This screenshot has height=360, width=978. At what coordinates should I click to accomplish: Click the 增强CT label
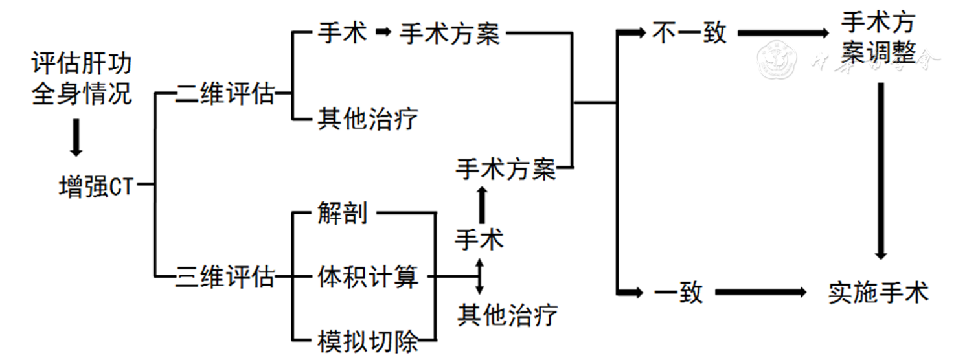tap(96, 187)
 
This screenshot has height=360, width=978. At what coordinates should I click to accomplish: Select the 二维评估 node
tap(225, 96)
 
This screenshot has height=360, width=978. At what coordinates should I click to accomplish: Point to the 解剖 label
tap(343, 212)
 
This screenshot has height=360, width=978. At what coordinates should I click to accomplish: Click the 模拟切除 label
tap(368, 341)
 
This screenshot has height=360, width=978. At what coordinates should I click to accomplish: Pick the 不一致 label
tap(690, 33)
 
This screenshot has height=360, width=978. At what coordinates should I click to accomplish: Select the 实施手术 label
tap(878, 293)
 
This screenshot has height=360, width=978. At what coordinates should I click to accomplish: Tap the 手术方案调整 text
tap(878, 39)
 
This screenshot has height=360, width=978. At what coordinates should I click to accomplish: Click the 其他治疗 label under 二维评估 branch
tap(368, 119)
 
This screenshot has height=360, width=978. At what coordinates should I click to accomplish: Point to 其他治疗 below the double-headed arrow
tap(507, 315)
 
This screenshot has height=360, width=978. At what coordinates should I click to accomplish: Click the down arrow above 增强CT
tap(76, 137)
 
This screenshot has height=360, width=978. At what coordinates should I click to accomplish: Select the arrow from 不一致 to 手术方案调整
tap(784, 32)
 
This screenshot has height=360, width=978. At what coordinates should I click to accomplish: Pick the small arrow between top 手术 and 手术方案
tap(384, 32)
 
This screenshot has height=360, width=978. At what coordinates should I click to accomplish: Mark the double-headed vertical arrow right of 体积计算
tap(480, 276)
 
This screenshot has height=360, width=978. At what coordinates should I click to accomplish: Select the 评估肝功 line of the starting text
tap(82, 64)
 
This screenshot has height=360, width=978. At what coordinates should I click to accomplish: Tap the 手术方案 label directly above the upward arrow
tap(506, 170)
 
